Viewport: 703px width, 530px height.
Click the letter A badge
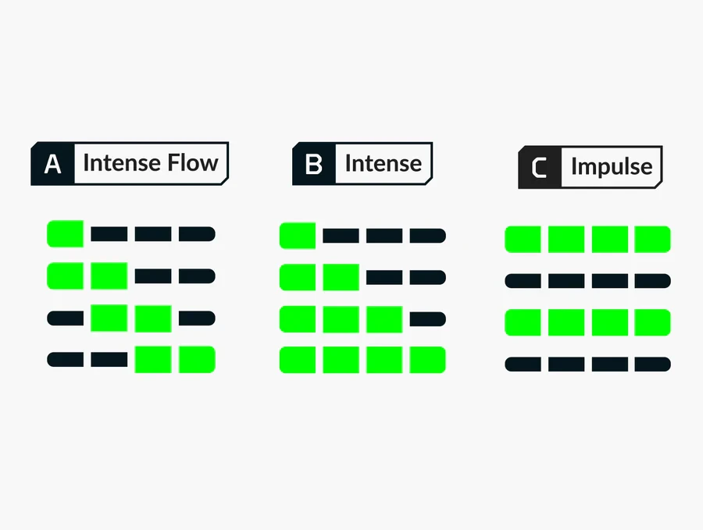(x=52, y=163)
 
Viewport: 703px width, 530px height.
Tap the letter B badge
(x=313, y=163)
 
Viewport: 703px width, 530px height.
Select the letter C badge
(x=539, y=167)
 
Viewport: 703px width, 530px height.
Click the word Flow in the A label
(x=193, y=162)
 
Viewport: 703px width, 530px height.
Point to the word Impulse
(x=612, y=167)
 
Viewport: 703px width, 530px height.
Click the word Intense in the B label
(x=384, y=163)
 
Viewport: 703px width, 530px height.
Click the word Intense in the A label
(x=122, y=162)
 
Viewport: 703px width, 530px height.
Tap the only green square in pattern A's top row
(x=65, y=233)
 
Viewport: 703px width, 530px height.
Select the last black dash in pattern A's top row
(x=197, y=234)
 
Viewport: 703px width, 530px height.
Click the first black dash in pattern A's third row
(x=65, y=318)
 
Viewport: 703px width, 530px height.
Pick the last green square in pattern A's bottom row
(x=197, y=359)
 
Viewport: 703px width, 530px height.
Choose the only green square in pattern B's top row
(x=298, y=236)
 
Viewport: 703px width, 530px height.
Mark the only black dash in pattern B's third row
(x=428, y=319)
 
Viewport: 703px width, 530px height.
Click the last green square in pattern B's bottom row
(x=428, y=360)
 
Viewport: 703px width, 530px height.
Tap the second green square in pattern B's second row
(x=341, y=277)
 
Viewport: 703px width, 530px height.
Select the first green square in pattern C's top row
(x=523, y=239)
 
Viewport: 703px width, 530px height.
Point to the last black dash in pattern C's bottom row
(x=653, y=365)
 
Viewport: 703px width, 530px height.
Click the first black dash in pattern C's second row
(x=523, y=281)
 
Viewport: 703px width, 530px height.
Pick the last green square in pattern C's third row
(x=653, y=322)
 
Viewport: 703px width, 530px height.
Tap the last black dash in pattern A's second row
(x=197, y=276)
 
